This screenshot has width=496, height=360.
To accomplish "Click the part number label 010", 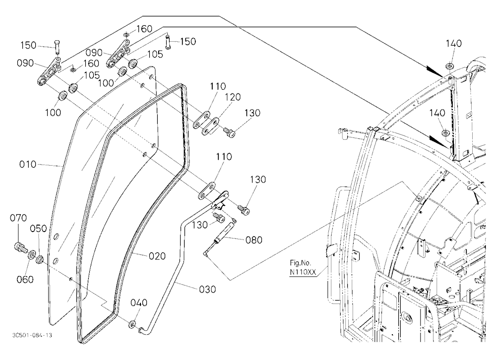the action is click(27, 165).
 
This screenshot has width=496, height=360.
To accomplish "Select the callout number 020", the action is click(157, 256).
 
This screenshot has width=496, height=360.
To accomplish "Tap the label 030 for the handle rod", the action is click(207, 289).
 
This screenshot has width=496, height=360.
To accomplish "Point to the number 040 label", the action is click(139, 303).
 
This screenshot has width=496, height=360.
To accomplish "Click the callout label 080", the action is click(254, 240).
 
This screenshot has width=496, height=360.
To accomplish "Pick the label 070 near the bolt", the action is click(18, 218).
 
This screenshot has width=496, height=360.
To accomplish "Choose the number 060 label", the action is click(25, 279).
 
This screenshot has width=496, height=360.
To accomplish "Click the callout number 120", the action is click(233, 97).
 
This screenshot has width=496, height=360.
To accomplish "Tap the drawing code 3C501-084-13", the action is click(32, 335).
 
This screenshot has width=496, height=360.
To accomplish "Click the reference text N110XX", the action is click(303, 272).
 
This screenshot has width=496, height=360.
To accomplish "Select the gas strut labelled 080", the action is click(219, 237).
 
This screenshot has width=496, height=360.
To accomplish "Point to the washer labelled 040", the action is click(132, 324).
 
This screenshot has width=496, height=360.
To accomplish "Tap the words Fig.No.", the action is click(301, 263).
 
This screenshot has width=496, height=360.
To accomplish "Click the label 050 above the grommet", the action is click(39, 229).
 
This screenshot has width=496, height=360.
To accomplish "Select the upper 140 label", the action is click(454, 44).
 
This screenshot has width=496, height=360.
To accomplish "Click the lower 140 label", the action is click(437, 113).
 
